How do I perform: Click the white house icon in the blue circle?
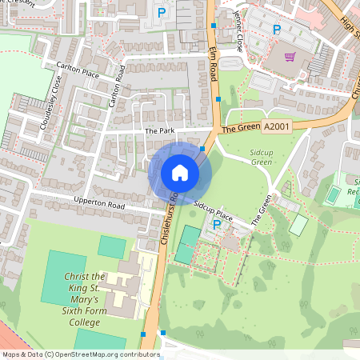click(180, 172)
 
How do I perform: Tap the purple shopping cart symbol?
click(290, 56)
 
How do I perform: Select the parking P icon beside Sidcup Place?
click(216, 226)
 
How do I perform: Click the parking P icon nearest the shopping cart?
click(277, 30)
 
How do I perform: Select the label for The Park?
click(158, 131)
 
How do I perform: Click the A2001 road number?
click(275, 126)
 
